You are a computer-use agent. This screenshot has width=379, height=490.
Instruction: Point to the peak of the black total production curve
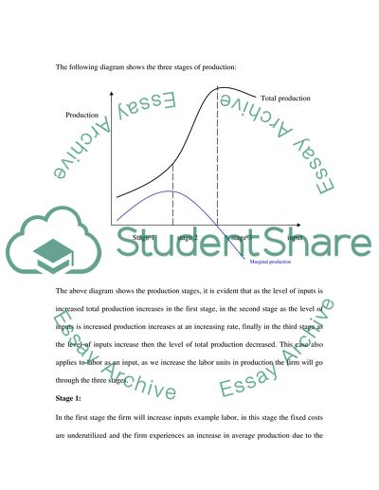221,90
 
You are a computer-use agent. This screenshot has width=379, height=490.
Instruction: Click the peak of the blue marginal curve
171,191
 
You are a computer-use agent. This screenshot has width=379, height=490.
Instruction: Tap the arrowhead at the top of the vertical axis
114,95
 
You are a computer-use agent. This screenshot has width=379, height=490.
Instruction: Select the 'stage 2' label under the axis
188,238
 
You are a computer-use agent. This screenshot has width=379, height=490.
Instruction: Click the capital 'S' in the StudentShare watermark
131,248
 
